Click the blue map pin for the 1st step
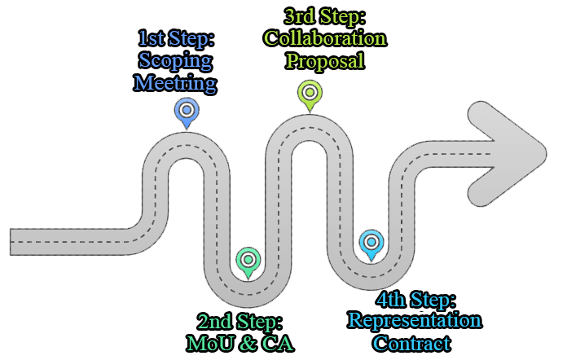pos(187,111)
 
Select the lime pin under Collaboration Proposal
pos(310,93)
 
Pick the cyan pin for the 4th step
pos(371,243)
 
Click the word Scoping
pos(176,61)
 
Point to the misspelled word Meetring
pos(176,83)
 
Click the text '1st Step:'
pos(176,39)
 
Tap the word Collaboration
pos(324,38)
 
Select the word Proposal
pos(325,60)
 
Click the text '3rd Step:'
pos(324,16)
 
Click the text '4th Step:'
pos(415,298)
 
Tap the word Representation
pos(415,320)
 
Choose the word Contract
pos(412,343)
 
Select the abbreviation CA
pos(277,343)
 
